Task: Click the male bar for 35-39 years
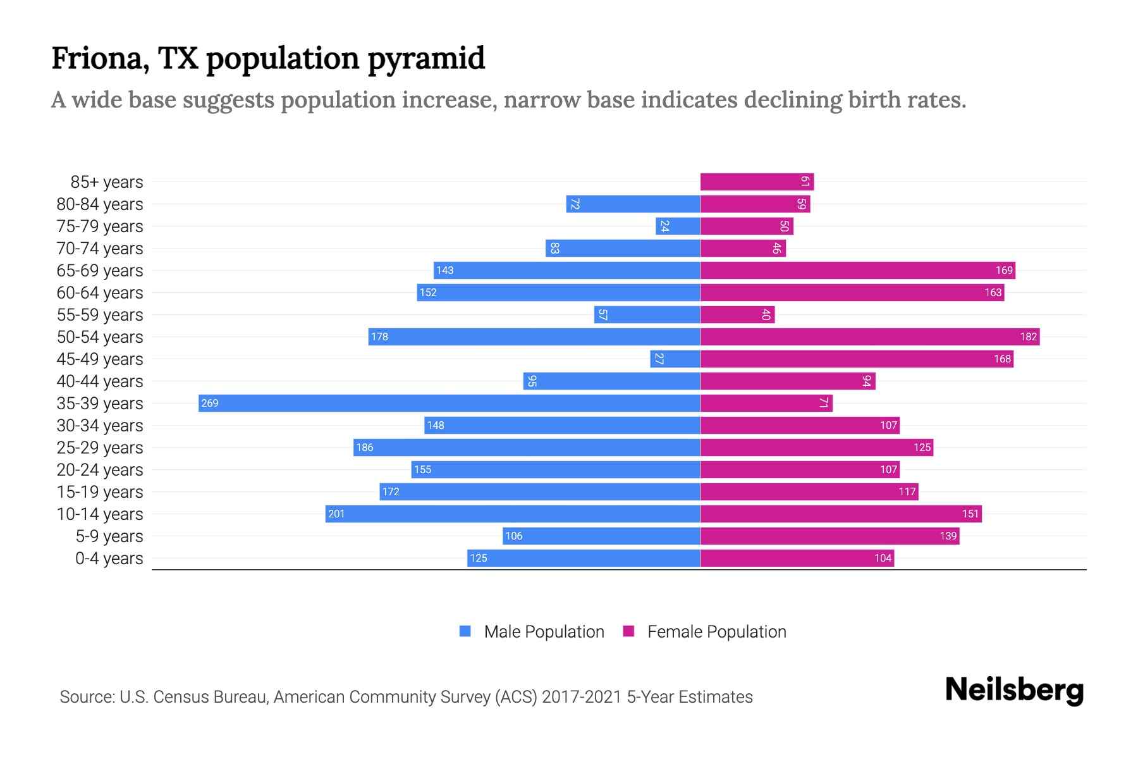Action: click(x=449, y=404)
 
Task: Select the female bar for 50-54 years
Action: click(x=869, y=337)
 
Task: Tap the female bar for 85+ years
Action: click(x=757, y=182)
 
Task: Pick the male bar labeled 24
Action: click(x=678, y=226)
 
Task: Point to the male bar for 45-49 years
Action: click(x=675, y=359)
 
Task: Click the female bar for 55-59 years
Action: click(x=737, y=315)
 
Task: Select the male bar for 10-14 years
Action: click(x=512, y=514)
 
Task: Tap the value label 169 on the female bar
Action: click(x=1004, y=271)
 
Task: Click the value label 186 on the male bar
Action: click(x=365, y=448)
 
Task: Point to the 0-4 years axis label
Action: click(x=109, y=558)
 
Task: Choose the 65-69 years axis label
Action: click(x=100, y=271)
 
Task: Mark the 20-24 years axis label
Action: click(x=100, y=470)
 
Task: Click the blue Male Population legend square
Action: click(x=465, y=631)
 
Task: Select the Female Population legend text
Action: click(x=716, y=632)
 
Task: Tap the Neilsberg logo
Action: click(x=1014, y=690)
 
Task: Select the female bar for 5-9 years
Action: click(x=829, y=536)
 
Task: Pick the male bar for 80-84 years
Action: click(x=633, y=204)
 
